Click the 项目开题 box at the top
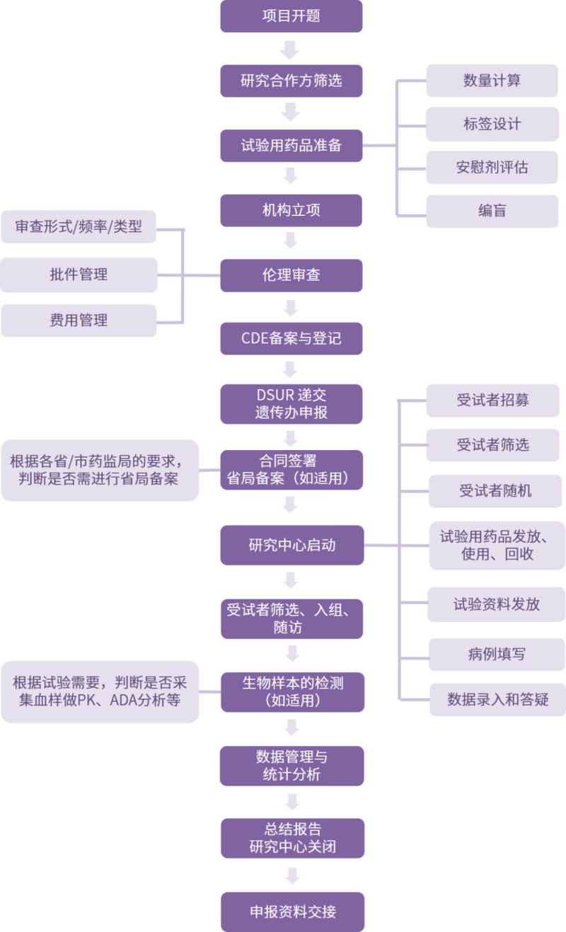tap(291, 16)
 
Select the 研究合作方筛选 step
tap(291, 81)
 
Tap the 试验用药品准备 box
tap(291, 145)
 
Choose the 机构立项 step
tap(291, 210)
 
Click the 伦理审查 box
tap(291, 275)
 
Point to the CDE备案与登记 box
tap(291, 338)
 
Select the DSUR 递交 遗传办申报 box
tap(291, 404)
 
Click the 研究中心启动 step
tap(291, 545)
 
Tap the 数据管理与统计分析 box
tap(291, 766)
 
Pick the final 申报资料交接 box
tap(292, 911)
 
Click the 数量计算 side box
tap(492, 81)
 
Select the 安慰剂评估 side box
tap(492, 168)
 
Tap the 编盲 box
tap(492, 211)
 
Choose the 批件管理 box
tap(79, 275)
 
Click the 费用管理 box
tap(79, 321)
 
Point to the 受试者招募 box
tap(492, 401)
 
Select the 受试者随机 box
tap(495, 491)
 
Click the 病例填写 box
tap(497, 654)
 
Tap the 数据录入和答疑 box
tap(497, 700)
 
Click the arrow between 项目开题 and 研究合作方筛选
tap(291, 50)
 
